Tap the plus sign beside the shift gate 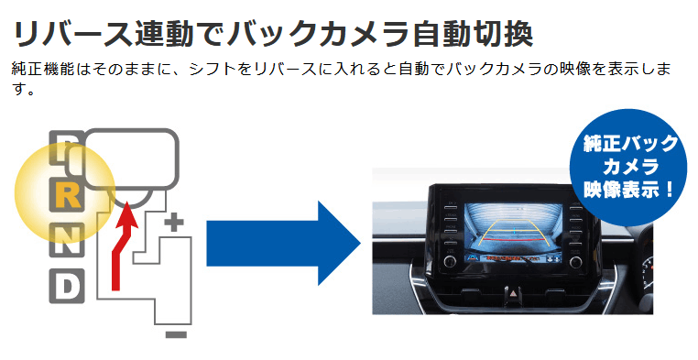point(174,221)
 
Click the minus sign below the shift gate point(176,334)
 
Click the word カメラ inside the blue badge point(630,168)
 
